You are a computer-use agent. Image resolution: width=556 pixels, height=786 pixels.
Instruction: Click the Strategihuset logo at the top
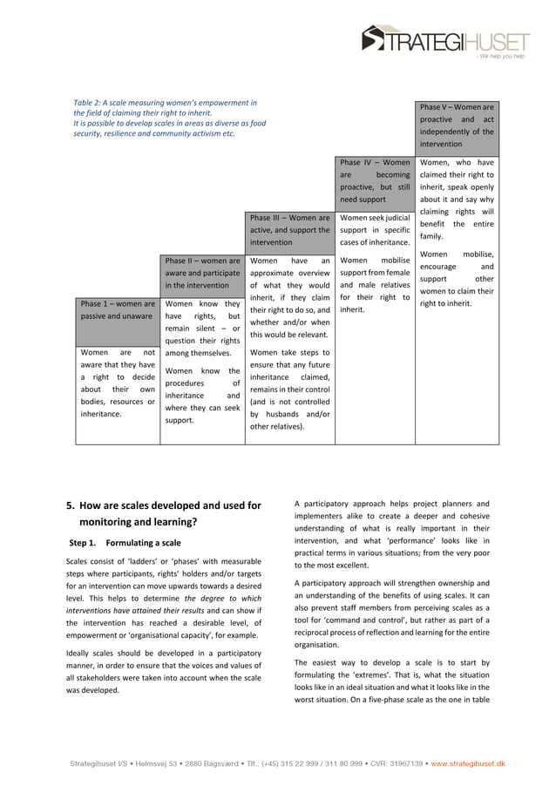pos(445,40)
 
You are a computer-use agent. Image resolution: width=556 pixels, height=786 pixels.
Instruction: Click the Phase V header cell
pos(457,125)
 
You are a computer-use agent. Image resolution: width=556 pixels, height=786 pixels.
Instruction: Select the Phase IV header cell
pos(375,180)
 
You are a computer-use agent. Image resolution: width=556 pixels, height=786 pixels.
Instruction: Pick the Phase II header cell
pos(203,273)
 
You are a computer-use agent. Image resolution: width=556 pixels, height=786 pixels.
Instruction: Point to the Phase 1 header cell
pos(117,309)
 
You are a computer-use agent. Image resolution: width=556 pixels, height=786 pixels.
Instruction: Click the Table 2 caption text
pos(169,119)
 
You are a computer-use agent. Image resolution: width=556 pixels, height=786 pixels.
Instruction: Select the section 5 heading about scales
pos(164,513)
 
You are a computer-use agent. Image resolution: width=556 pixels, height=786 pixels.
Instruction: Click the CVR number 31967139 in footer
pos(403,764)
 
